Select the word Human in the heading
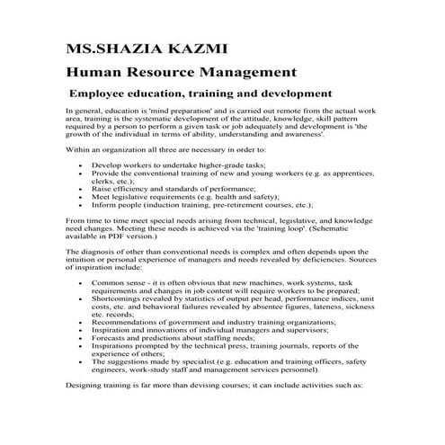93,72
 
